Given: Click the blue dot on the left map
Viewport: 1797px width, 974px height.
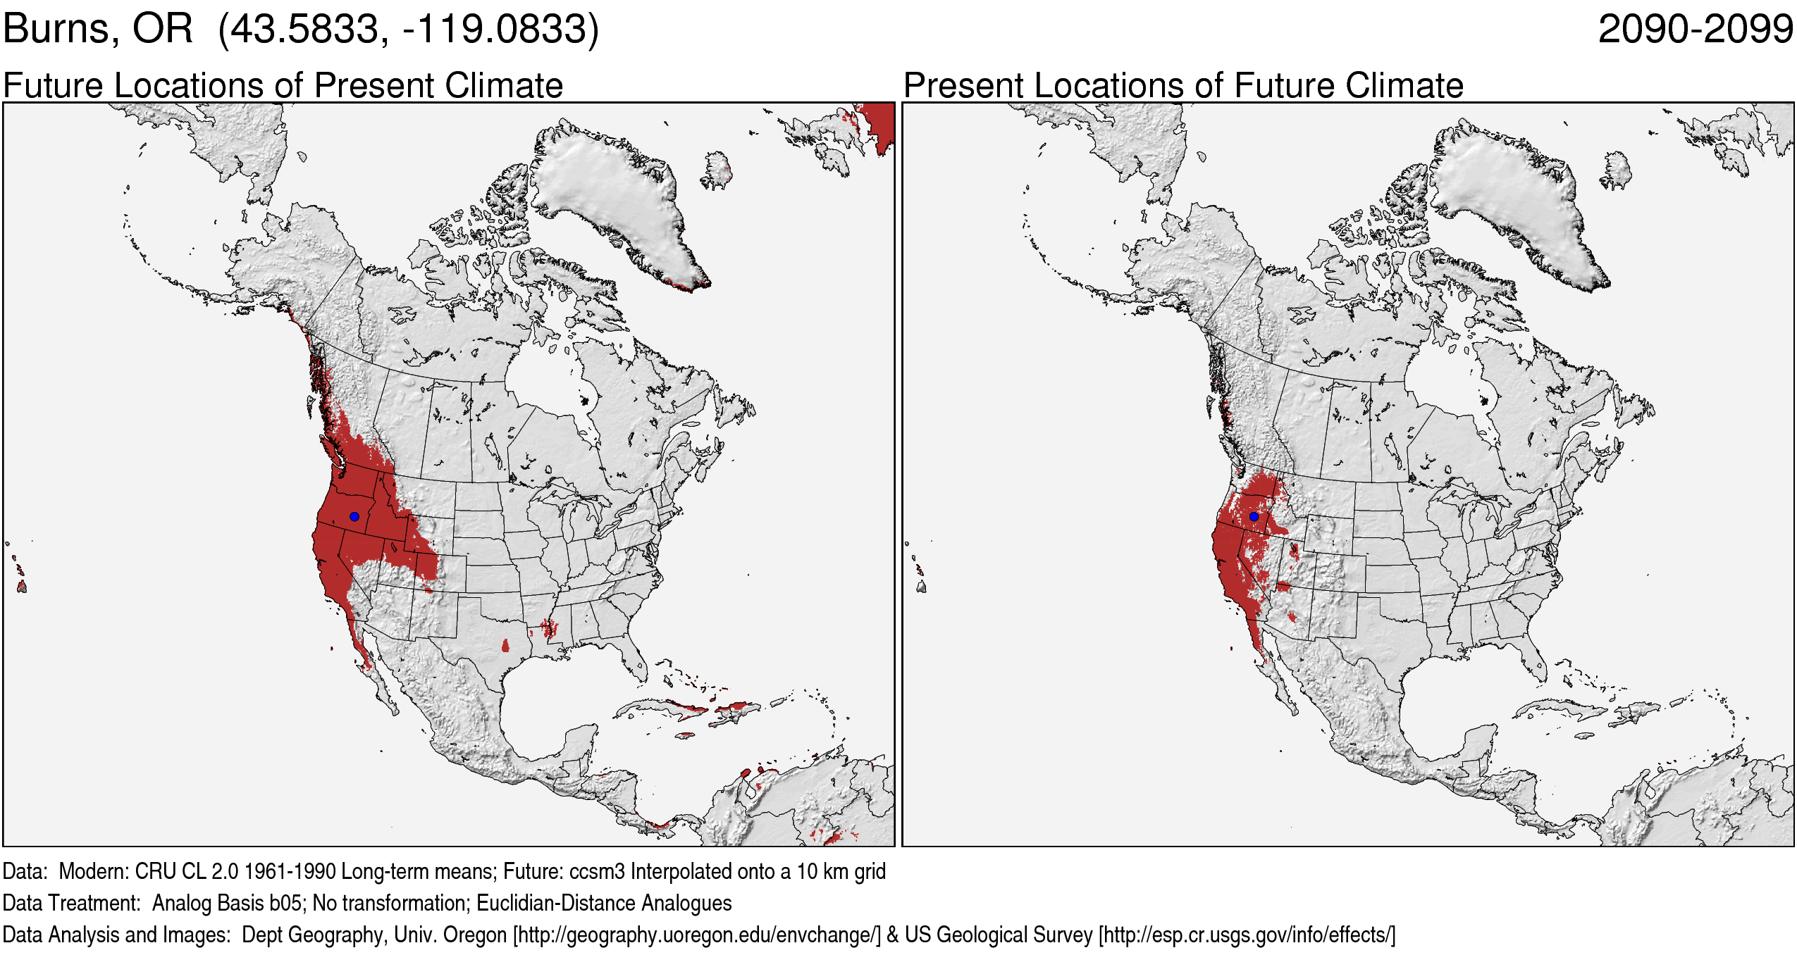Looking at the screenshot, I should tap(354, 516).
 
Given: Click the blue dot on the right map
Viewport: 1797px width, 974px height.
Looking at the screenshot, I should tap(1254, 516).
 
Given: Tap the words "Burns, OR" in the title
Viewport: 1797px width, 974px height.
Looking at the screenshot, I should tap(97, 30).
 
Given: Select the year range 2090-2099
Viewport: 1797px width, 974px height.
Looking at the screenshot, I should tap(1695, 30).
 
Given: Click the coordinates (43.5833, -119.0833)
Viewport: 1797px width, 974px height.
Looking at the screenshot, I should tap(409, 30).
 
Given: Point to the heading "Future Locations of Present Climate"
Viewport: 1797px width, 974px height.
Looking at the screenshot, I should tap(283, 86).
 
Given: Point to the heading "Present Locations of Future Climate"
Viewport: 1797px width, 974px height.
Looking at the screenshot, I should tap(1183, 86).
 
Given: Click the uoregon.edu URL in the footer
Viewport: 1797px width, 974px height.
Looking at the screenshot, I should tap(697, 935).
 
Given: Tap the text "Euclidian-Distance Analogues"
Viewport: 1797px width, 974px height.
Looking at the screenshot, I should tap(604, 904).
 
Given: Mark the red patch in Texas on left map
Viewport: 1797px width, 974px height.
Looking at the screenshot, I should tap(505, 645).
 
